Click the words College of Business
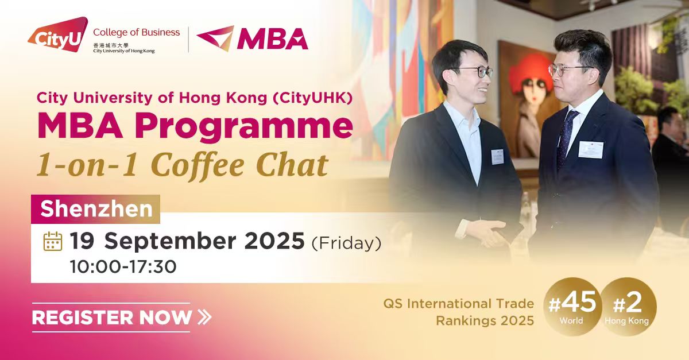[136, 32]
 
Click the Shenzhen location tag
[96, 208]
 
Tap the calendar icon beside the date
[53, 241]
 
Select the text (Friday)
[346, 243]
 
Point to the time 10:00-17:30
[122, 266]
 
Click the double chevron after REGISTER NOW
[204, 317]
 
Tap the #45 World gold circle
[574, 307]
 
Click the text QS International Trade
[459, 303]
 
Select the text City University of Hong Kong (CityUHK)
[194, 98]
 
